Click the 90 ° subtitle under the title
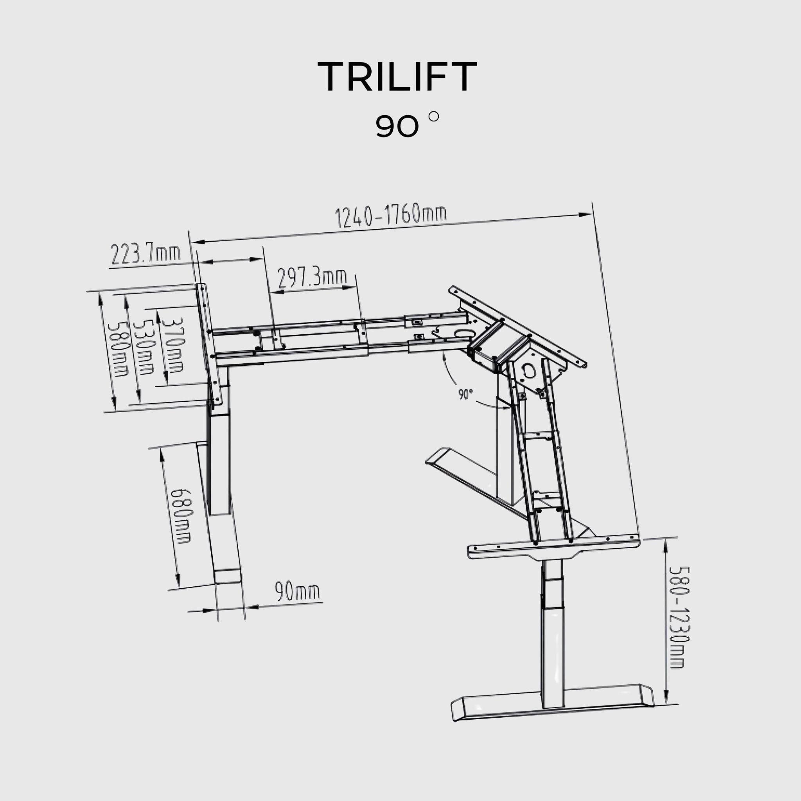[x=406, y=126]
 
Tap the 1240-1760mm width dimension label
[x=391, y=216]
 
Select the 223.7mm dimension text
[x=145, y=254]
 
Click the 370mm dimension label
[x=172, y=344]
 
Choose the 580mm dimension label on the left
[x=117, y=349]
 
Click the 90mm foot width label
[x=297, y=592]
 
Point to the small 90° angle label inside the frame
[x=465, y=394]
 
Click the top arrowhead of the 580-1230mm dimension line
[x=666, y=544]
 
